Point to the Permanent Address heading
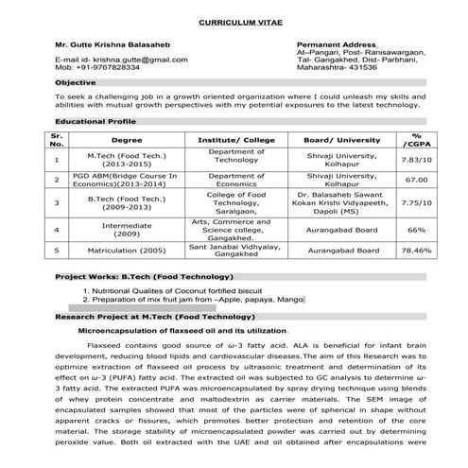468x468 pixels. (336, 44)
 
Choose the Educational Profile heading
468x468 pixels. (95, 122)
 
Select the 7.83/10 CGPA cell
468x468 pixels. (416, 160)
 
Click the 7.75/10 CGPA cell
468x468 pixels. (416, 202)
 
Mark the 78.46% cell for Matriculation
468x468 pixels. (416, 251)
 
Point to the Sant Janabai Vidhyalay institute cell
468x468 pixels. (230, 251)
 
